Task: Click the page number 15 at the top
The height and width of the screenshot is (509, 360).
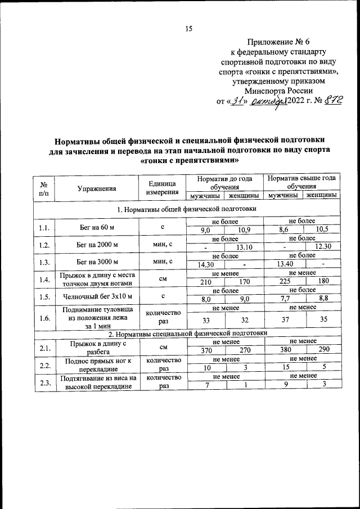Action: pyautogui.click(x=188, y=29)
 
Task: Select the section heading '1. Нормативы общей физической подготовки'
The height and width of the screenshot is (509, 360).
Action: pyautogui.click(x=186, y=209)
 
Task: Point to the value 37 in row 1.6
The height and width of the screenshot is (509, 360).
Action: pyautogui.click(x=283, y=321)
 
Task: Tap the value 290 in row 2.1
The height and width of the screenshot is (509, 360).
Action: pyautogui.click(x=322, y=350)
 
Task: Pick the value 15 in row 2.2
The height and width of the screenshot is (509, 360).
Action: pyautogui.click(x=283, y=367)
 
